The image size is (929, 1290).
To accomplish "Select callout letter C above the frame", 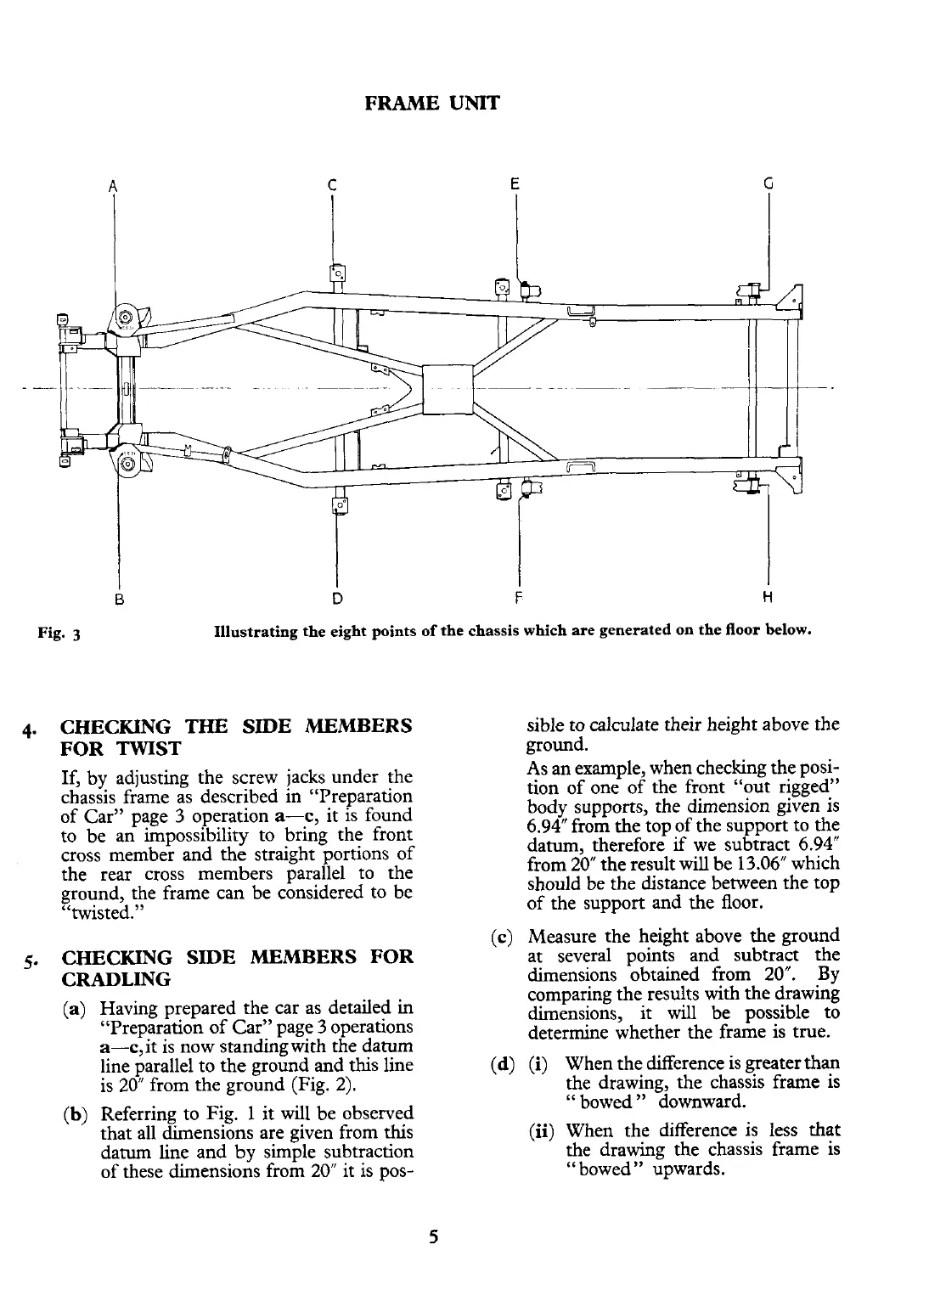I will [332, 185].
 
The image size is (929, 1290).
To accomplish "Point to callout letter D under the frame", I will [337, 597].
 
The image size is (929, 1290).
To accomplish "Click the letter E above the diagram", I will [515, 183].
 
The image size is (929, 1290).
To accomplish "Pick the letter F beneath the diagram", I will [517, 597].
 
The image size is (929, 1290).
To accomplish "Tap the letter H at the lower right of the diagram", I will [768, 597].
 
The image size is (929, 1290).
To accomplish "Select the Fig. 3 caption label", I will [58, 634].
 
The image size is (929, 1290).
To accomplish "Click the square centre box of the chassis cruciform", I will [447, 389].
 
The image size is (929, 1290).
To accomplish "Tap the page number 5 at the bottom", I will [433, 1237].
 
